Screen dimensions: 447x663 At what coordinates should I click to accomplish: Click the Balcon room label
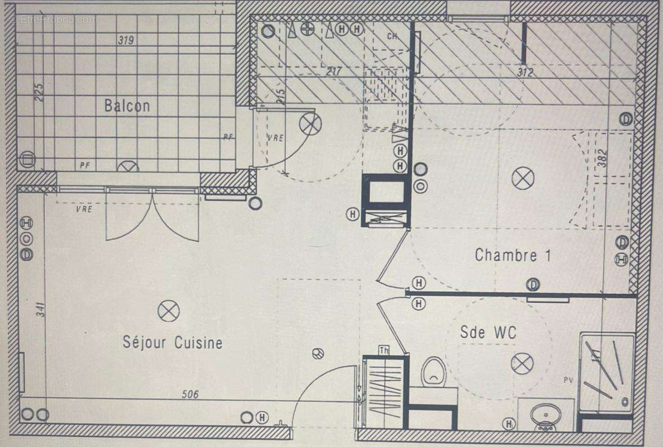127,106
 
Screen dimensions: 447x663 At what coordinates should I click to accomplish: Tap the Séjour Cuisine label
172,342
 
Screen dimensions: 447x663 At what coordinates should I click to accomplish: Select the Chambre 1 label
513,255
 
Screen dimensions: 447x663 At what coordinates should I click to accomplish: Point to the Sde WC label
488,332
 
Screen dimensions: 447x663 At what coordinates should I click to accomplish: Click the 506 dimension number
190,394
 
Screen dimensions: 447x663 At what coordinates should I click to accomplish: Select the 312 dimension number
525,72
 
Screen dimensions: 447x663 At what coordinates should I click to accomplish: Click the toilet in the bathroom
433,371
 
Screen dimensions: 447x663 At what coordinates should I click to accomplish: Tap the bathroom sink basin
546,416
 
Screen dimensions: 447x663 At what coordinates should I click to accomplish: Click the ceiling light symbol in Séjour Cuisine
168,311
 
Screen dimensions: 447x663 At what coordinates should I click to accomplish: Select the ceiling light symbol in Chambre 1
523,178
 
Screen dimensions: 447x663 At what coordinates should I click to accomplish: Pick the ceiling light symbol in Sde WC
522,364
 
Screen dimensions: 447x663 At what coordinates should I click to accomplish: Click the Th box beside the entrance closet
384,350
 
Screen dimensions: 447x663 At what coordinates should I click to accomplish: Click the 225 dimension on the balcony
40,92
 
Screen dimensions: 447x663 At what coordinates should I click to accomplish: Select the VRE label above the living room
84,209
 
